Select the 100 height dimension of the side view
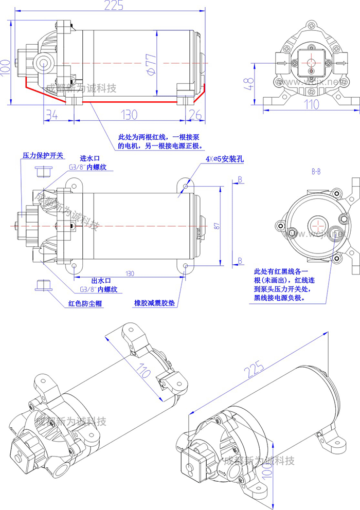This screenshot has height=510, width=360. tap(6, 65)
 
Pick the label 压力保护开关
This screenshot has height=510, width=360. tap(42, 156)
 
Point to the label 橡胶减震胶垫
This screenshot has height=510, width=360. tap(154, 303)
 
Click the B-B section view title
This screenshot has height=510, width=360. tap(317, 171)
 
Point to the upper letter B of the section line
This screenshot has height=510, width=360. tap(240, 179)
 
